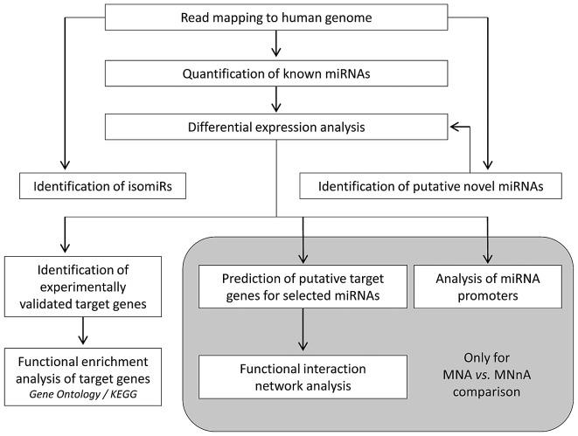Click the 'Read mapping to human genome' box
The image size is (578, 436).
(x=276, y=18)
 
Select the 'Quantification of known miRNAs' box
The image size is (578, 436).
(x=276, y=74)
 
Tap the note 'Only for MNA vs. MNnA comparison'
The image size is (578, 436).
(x=487, y=376)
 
